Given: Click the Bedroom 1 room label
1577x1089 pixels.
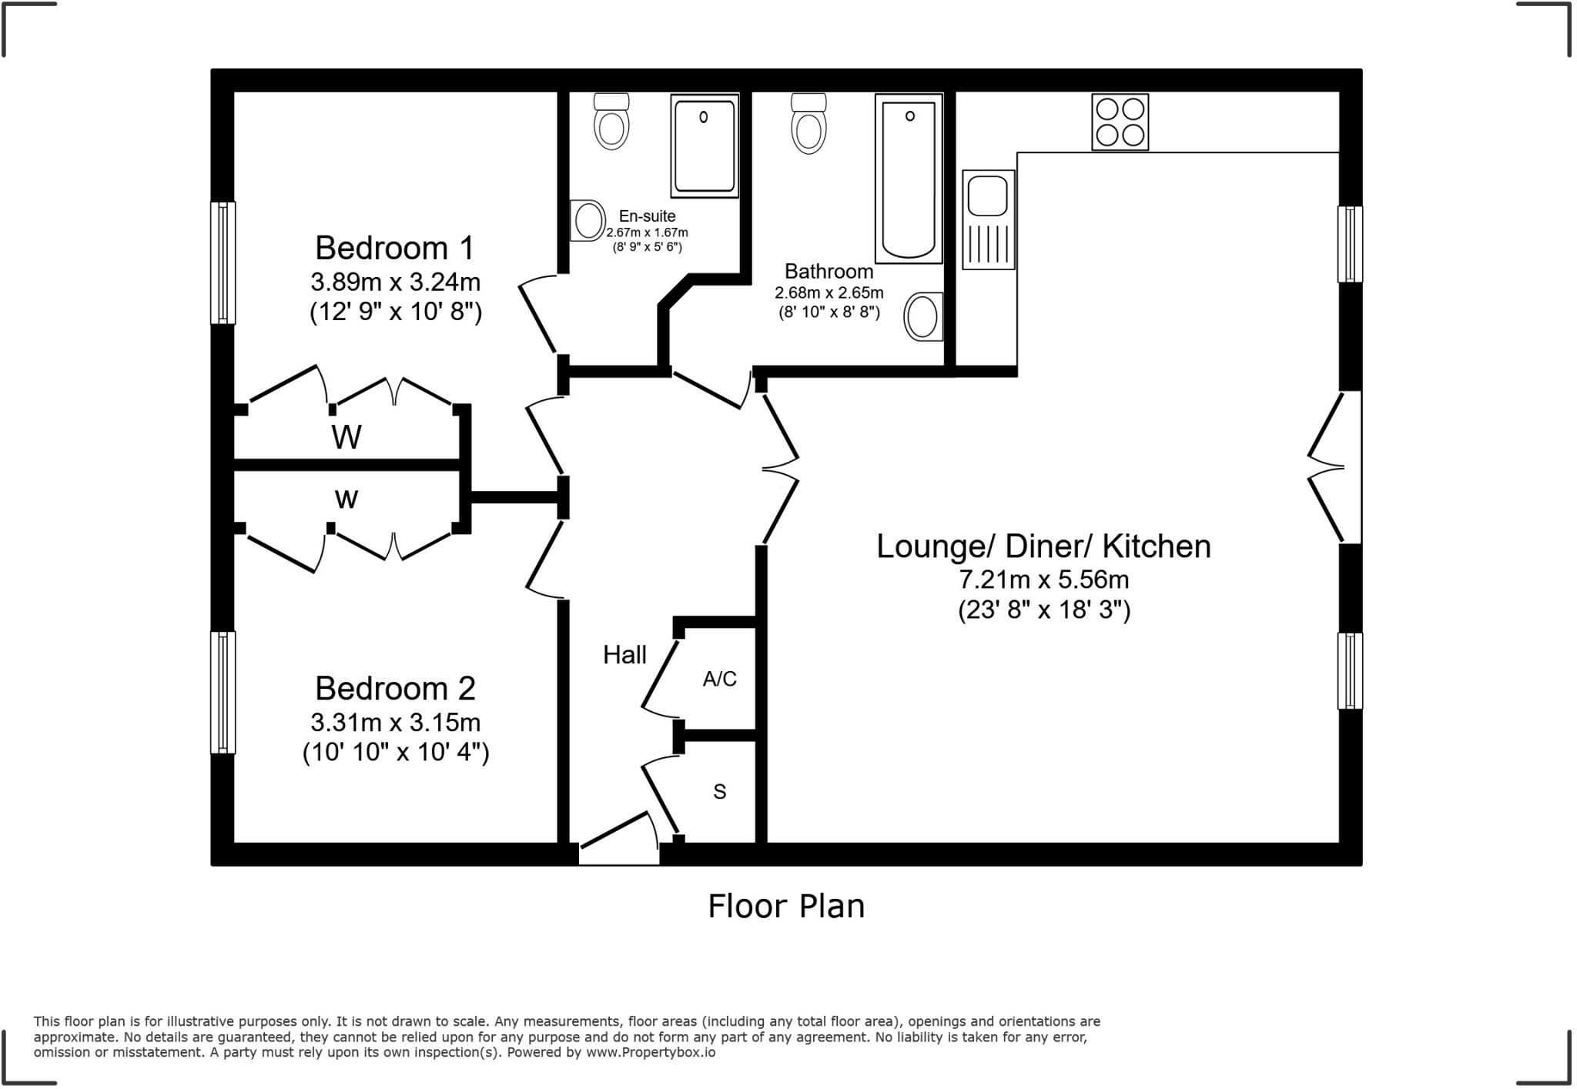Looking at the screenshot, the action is coord(395,248).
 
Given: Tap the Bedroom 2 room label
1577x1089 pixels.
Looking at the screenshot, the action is coord(395,688).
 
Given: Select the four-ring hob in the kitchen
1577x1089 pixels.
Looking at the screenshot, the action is coord(1120,122).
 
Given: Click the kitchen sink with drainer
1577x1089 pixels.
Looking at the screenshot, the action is coord(989,219).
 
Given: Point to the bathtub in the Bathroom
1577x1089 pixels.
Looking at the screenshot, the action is coord(909,179).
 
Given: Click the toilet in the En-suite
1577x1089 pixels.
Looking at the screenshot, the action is coord(611,121).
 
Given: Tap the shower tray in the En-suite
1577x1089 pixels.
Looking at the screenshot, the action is coord(705,145).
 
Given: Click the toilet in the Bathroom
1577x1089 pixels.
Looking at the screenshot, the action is coord(809,123).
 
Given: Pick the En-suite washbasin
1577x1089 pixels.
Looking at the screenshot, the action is coord(588,221).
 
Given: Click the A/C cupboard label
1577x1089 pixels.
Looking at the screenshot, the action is coord(719,679).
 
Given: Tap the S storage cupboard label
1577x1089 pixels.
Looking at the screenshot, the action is coord(720,791).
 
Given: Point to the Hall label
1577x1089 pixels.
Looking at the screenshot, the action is coord(624,655).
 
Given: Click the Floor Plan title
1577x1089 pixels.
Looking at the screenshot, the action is coord(786,906).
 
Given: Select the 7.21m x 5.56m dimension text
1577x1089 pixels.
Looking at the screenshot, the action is coord(1043,579).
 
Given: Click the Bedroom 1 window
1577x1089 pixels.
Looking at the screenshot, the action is coord(223,262).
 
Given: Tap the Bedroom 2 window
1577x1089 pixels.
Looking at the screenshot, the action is coord(223,693).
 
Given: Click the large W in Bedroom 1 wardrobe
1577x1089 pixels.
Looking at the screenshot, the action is coord(347,437).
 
